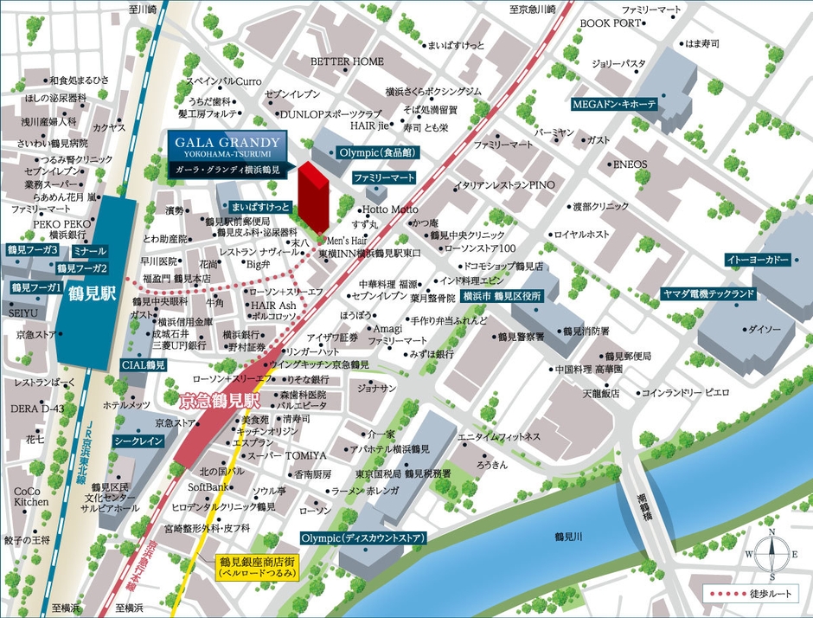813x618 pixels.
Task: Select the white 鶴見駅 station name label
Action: coord(89,293)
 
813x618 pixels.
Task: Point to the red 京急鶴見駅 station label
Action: coord(219,401)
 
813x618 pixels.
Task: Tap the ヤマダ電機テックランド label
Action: coord(708,293)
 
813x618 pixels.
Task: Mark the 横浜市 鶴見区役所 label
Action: coord(502,295)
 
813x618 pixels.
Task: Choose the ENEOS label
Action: coord(630,164)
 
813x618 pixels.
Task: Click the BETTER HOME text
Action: coord(347,61)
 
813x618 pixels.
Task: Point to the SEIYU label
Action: coord(23,312)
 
